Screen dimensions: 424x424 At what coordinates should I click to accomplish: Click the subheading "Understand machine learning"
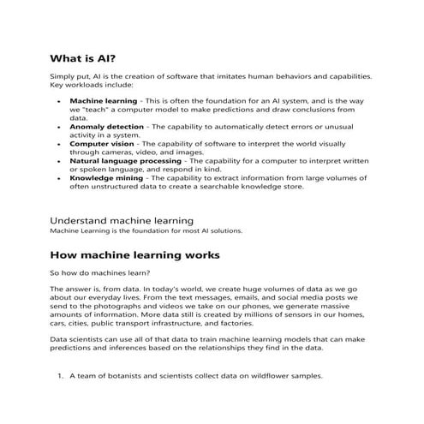(x=122, y=220)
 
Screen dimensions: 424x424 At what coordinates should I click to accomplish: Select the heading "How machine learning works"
(x=135, y=254)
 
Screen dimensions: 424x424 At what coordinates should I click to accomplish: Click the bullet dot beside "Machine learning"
(x=58, y=101)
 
